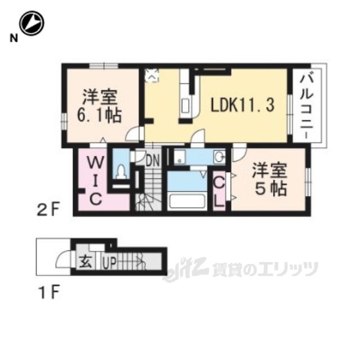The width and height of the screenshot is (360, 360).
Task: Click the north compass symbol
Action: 31,24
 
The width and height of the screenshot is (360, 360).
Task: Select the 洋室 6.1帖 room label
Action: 101,105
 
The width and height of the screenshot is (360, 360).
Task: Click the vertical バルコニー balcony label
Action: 307,107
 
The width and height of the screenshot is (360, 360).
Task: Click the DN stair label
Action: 153,160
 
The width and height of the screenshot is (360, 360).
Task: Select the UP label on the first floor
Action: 109,262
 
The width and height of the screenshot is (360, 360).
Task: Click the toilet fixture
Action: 120,172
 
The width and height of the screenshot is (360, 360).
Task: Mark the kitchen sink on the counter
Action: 186,105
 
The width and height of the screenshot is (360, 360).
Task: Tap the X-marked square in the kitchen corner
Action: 152,73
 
